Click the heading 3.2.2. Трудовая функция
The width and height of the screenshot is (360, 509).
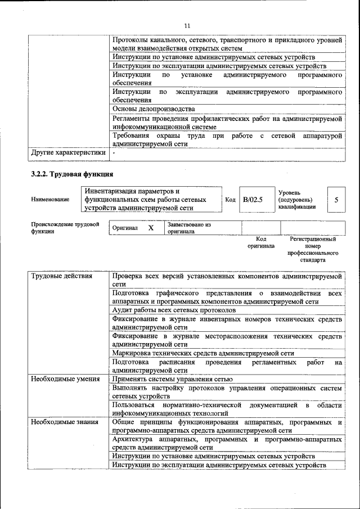[x=72, y=174]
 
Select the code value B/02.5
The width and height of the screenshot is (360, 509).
[x=253, y=200]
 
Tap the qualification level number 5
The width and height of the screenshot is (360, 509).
[x=336, y=200]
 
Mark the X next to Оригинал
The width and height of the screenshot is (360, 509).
[x=150, y=228]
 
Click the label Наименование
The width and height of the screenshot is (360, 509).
[x=51, y=200]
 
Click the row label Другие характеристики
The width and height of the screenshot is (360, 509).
[x=68, y=152]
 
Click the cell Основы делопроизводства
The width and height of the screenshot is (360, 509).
[x=154, y=109]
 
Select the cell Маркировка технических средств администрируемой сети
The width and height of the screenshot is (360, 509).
[x=202, y=353]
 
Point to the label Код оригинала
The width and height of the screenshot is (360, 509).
[x=260, y=242]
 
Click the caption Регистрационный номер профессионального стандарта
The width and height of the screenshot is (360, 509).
[x=313, y=250]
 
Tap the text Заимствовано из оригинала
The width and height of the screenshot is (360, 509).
[x=188, y=228]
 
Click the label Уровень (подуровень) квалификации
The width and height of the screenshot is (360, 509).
[x=296, y=200]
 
